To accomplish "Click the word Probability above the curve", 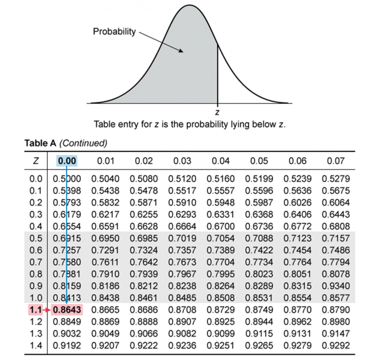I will tap(114, 32).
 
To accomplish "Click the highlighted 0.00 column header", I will tap(67, 160).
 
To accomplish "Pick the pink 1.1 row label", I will tap(33, 310).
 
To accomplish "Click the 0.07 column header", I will tap(336, 160).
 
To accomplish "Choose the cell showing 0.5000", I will tap(67, 179).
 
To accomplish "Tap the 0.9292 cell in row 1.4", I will tap(336, 346).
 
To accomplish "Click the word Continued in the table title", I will tap(84, 144).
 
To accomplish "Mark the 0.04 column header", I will tap(221, 160).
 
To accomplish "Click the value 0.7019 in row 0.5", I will tap(183, 239).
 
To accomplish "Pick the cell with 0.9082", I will tap(183, 334).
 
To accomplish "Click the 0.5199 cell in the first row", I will tap(259, 179).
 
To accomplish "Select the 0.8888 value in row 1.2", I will tap(144, 322).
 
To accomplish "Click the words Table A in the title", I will tap(40, 144).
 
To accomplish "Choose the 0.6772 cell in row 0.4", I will tap(298, 227).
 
